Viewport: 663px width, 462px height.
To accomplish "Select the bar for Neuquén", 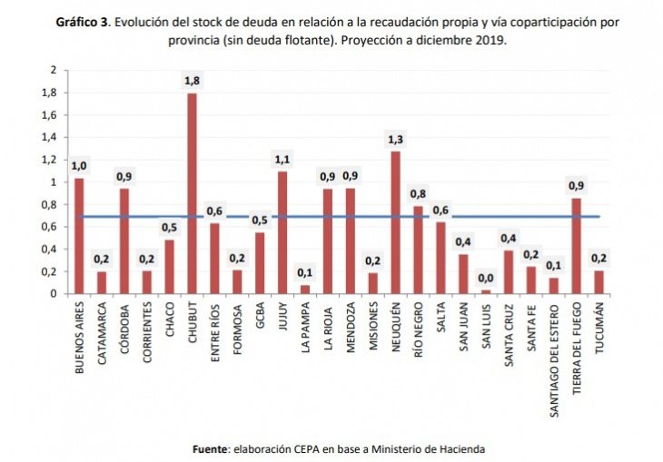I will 395,222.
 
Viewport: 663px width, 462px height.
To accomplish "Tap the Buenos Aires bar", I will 79,236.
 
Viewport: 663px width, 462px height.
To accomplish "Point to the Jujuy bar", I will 282,232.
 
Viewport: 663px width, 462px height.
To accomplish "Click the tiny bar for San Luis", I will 486,291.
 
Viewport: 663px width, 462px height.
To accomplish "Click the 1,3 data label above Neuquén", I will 395,139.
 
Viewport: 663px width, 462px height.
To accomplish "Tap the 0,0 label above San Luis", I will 486,278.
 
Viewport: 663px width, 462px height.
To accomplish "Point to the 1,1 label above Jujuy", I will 282,160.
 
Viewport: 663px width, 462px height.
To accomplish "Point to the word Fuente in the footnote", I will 211,448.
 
